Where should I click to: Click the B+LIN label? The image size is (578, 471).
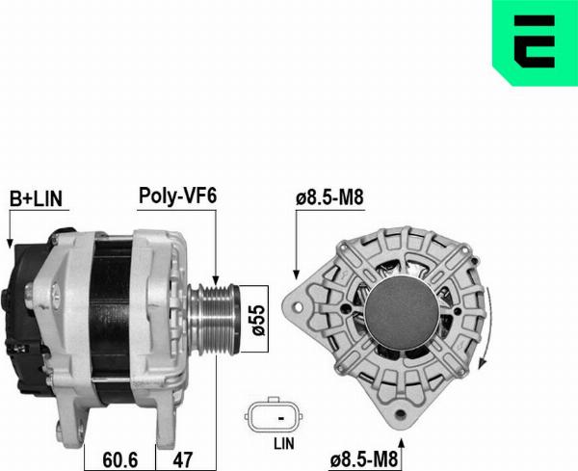point(37,198)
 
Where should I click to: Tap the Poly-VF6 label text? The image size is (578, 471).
point(177,196)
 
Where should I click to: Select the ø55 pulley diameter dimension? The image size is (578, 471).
point(259,320)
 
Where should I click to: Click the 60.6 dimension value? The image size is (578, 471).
point(120,459)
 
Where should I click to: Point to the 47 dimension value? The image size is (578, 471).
point(183,459)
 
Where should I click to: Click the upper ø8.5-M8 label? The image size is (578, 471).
point(329,197)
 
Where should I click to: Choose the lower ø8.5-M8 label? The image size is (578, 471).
point(364,459)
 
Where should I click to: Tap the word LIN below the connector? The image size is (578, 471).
point(284,444)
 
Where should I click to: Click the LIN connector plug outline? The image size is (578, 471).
point(274,416)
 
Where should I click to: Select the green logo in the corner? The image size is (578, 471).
point(536,42)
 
